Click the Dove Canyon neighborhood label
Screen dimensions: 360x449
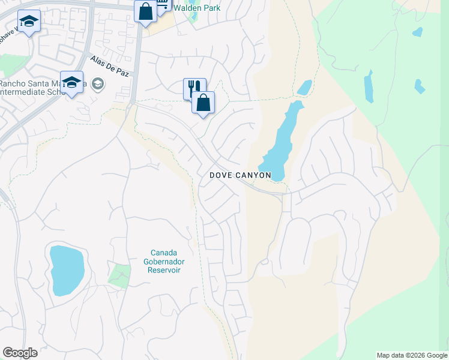click(x=240, y=175)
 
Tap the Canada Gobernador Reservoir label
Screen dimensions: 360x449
click(x=165, y=261)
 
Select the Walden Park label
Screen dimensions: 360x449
click(x=197, y=8)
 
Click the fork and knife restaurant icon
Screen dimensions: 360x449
click(x=194, y=88)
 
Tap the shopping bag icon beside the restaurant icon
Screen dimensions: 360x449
click(x=203, y=103)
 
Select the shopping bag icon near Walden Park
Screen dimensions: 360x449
click(x=145, y=11)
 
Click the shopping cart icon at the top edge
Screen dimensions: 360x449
click(x=163, y=5)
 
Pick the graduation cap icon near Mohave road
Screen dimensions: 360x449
click(x=29, y=22)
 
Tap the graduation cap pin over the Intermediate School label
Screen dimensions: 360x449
click(x=71, y=83)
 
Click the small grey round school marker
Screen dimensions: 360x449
click(x=98, y=85)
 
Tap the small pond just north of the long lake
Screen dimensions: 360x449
click(x=305, y=87)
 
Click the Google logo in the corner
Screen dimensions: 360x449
click(x=20, y=353)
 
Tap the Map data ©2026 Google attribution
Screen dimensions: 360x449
click(x=411, y=355)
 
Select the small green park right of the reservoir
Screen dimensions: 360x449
click(x=119, y=275)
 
